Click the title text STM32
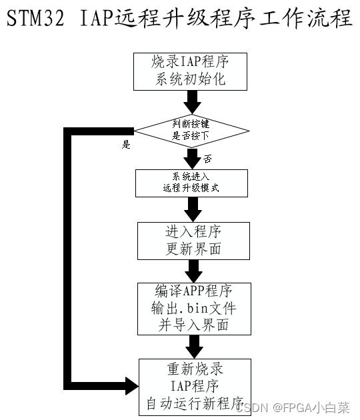click(35, 18)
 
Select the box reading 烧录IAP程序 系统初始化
click(190, 71)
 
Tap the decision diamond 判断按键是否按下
click(191, 131)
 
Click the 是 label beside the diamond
click(126, 145)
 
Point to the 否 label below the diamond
click(207, 159)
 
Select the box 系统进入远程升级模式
click(191, 183)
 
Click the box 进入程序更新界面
click(193, 241)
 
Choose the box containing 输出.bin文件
click(194, 309)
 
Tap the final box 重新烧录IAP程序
click(195, 387)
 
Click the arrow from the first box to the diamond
click(192, 102)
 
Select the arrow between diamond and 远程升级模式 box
click(192, 159)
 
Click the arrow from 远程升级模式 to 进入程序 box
click(193, 209)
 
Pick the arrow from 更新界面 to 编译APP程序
click(193, 271)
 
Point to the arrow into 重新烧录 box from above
click(195, 347)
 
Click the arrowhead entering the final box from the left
click(132, 386)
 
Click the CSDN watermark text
click(293, 407)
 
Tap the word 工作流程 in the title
click(305, 18)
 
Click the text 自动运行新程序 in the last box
click(195, 403)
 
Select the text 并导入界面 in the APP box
click(193, 325)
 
